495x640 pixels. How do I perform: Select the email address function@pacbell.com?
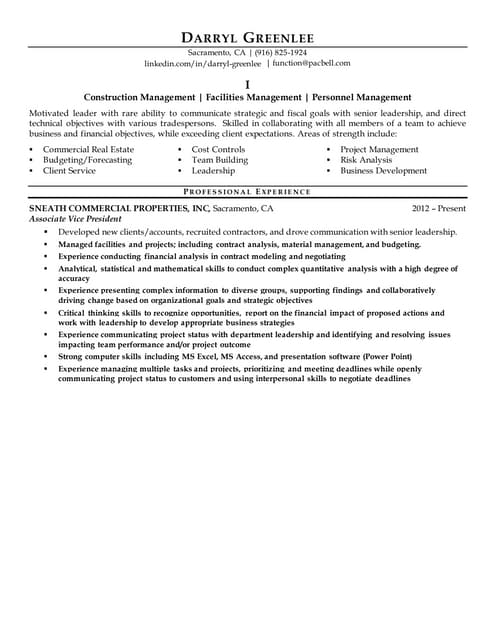311,63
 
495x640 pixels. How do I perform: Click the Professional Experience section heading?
248,191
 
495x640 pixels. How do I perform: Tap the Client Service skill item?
69,171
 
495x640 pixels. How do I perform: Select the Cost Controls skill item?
218,150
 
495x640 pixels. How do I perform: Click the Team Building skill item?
219,160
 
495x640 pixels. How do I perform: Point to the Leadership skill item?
213,171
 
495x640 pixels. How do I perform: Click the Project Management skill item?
379,150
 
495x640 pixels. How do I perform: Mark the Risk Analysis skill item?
366,160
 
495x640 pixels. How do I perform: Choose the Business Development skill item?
383,171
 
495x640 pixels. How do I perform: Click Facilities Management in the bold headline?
251,98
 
